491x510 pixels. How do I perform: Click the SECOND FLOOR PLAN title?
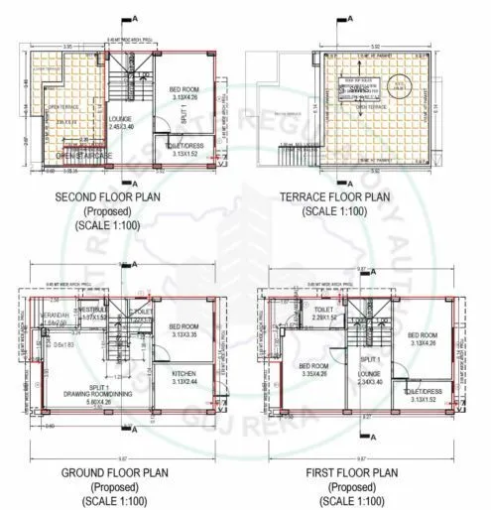tap(120, 196)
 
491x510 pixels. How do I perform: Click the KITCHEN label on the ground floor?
tap(184, 377)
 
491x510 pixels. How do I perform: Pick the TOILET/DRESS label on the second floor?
tap(187, 150)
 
